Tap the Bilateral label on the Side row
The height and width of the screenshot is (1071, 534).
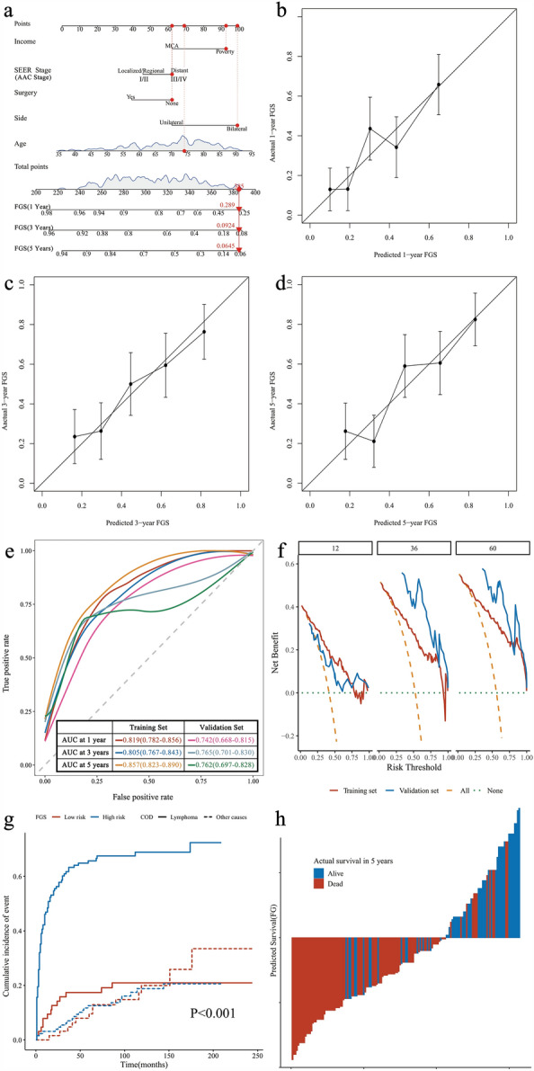point(237,129)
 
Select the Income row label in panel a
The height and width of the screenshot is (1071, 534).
point(26,40)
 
